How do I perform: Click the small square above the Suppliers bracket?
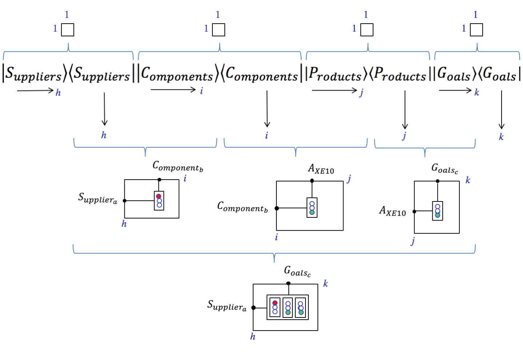[68, 30]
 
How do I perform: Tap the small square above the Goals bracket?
[476, 30]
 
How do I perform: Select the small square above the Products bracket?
[367, 30]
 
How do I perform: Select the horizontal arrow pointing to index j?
[334, 90]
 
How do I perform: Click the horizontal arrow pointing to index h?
[35, 90]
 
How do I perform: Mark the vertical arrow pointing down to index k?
[502, 109]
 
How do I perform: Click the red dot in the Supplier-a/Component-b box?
[159, 196]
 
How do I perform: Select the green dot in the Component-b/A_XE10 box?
[312, 212]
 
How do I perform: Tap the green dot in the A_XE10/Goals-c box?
[438, 215]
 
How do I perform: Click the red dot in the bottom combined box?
[275, 303]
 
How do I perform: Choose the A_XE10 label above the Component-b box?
[321, 169]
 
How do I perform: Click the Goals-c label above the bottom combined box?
[297, 271]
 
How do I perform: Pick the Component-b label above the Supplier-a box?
[177, 166]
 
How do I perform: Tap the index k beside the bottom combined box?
[326, 284]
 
